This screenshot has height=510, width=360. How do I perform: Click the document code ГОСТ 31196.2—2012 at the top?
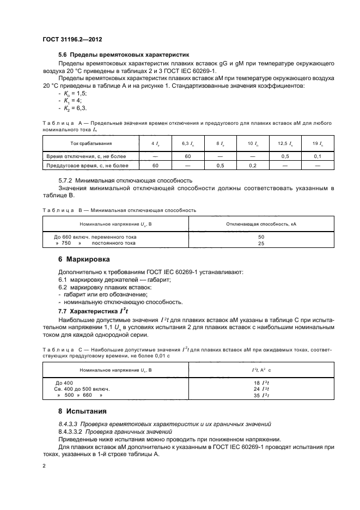point(72,40)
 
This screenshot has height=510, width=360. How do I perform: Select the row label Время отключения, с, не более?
point(87,156)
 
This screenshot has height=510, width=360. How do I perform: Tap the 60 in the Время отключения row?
point(187,156)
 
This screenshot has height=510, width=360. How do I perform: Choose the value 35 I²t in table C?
point(260,396)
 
